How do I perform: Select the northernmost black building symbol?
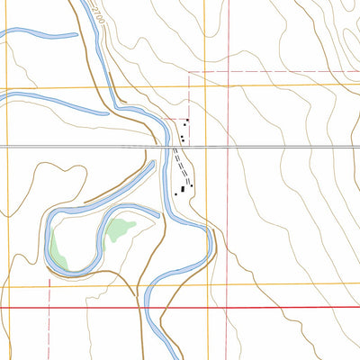[x=185, y=122]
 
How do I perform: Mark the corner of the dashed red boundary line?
[x=189, y=72]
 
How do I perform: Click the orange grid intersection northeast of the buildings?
[x=206, y=87]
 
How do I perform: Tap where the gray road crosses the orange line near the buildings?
[x=206, y=146]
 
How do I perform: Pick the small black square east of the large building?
[x=190, y=186]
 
